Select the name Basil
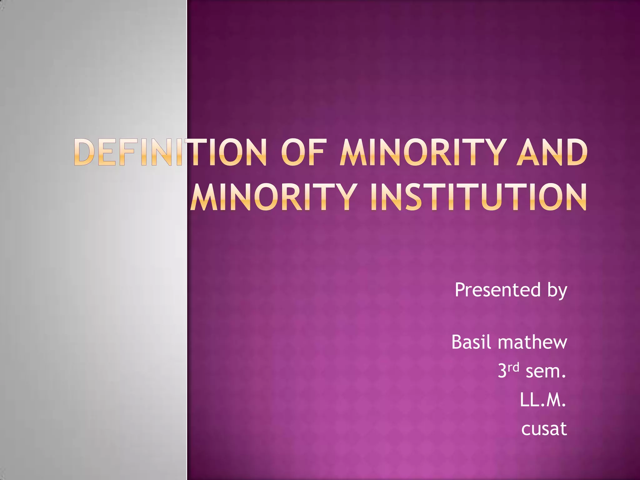tap(472, 342)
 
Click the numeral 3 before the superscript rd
tap(502, 371)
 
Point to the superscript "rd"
tap(513, 367)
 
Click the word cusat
tap(544, 428)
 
